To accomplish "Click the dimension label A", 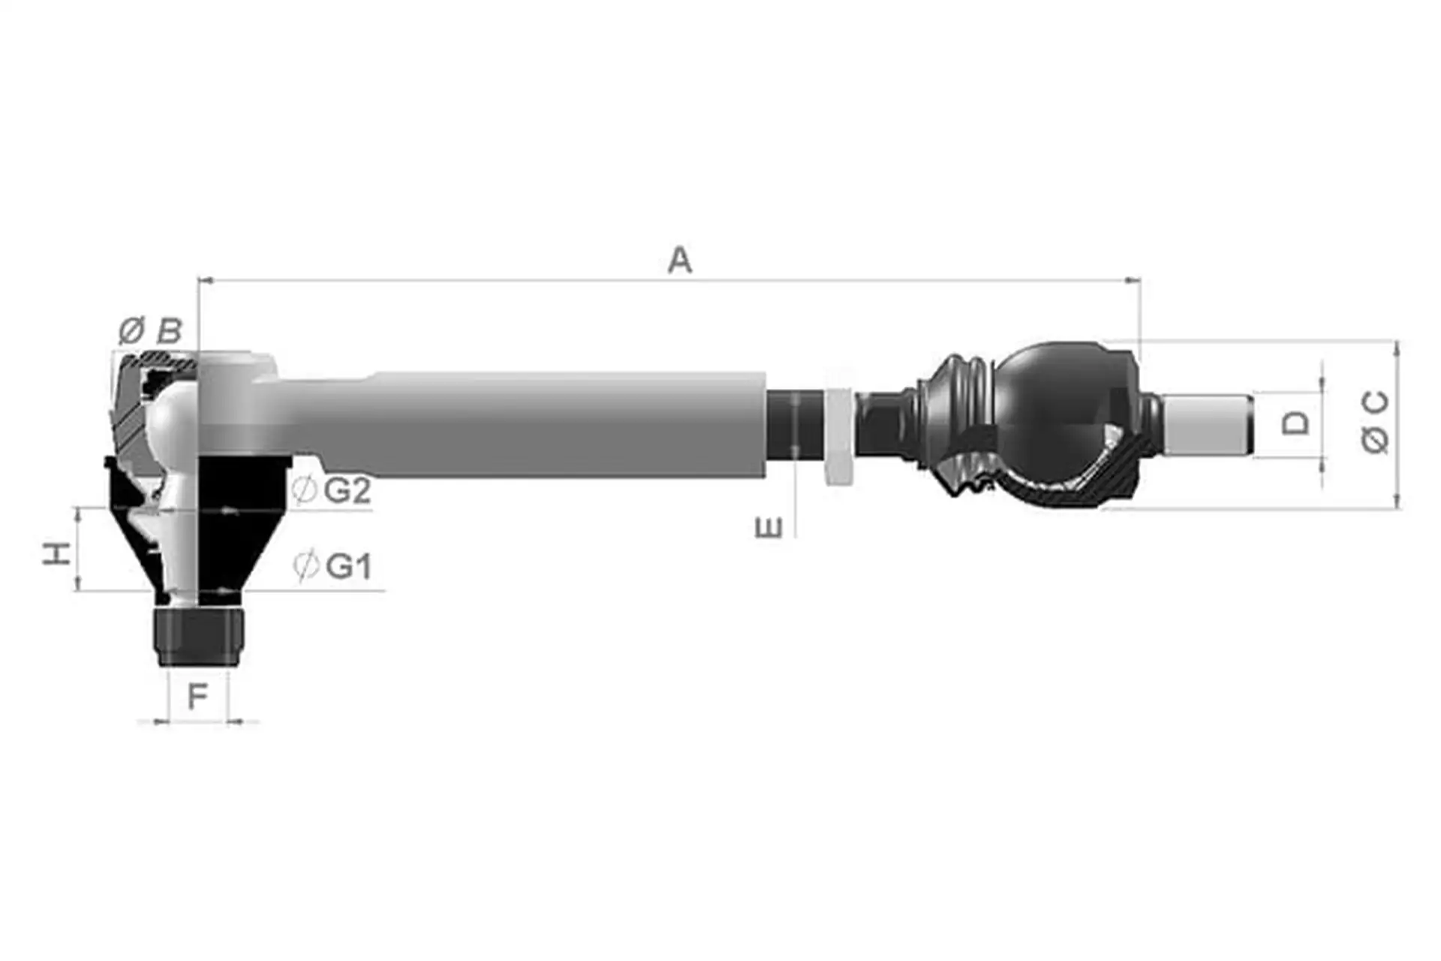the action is click(x=680, y=260).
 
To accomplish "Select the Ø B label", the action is click(x=150, y=330).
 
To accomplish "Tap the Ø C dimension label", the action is click(x=1375, y=423).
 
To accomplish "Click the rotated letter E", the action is click(x=769, y=528).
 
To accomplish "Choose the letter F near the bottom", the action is click(x=197, y=697).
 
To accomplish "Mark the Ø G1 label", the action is click(x=332, y=565).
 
